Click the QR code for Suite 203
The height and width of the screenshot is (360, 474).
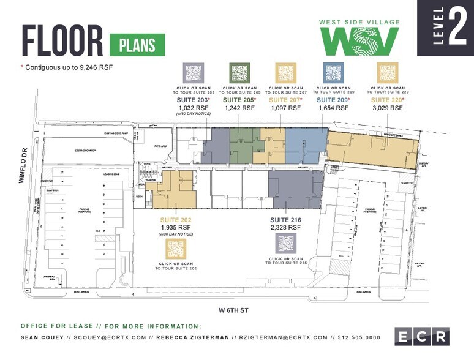[194, 73]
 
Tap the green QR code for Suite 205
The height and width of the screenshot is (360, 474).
[239, 73]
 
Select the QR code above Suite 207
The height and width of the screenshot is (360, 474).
[286, 73]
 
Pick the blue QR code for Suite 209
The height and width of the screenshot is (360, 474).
[333, 73]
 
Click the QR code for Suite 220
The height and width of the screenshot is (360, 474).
[388, 73]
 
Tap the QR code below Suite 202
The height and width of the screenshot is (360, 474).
[176, 248]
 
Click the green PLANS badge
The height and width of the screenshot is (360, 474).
[137, 45]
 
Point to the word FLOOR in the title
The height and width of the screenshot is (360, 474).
[62, 41]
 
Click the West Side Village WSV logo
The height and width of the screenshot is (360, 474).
[360, 38]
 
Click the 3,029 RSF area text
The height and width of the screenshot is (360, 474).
[388, 108]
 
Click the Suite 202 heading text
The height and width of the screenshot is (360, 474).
[176, 219]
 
